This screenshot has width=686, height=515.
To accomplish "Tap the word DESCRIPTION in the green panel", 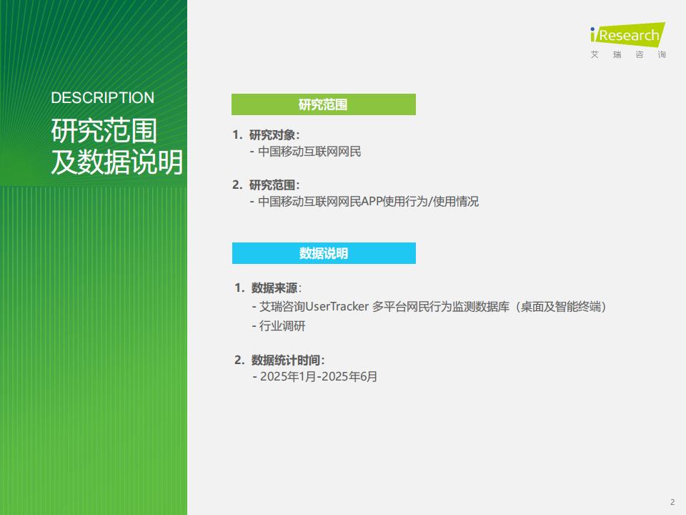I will click(x=103, y=98).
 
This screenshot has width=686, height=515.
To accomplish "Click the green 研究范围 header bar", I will click(x=323, y=104).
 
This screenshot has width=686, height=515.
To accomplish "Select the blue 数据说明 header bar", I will click(x=323, y=253).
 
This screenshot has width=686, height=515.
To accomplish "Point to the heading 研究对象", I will click(x=274, y=134).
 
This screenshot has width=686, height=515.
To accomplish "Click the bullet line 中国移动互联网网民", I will click(x=309, y=152).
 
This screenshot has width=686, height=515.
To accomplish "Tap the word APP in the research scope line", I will click(x=372, y=202).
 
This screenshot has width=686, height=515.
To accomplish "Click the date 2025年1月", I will click(x=288, y=376).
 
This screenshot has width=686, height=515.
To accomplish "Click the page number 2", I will click(x=672, y=501).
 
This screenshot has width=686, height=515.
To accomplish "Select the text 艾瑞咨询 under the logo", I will click(x=628, y=55).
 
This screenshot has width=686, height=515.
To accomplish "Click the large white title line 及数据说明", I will click(x=116, y=163).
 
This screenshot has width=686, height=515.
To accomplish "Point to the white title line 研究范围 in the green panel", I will click(x=104, y=132).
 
